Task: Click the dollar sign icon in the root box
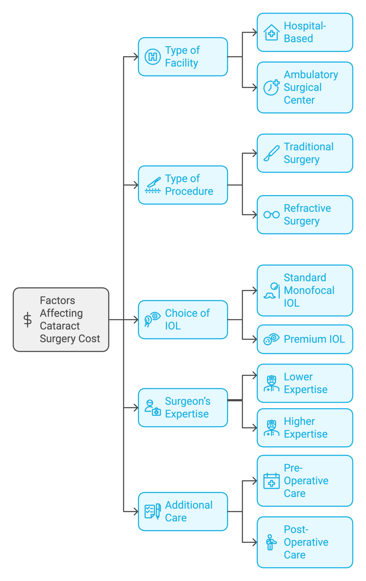[x=28, y=320]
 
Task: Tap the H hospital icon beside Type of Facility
[x=153, y=57]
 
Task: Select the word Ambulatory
[x=311, y=75]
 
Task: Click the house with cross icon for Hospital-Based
[x=271, y=33]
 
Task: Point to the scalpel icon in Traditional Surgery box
[x=271, y=153]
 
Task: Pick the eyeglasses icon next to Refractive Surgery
[x=271, y=215]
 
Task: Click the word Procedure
[x=189, y=191]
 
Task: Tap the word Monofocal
[x=309, y=290]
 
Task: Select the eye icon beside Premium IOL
[x=271, y=339]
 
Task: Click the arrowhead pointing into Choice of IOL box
[x=136, y=320]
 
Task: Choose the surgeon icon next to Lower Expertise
[x=271, y=383]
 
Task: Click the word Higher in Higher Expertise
[x=299, y=421]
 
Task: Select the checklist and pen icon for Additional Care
[x=153, y=511]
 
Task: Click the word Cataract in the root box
[x=60, y=326]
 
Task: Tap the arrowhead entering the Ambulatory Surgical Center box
[x=255, y=87]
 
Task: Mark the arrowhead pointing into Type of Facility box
[x=136, y=57]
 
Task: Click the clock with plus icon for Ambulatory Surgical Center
[x=271, y=87]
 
